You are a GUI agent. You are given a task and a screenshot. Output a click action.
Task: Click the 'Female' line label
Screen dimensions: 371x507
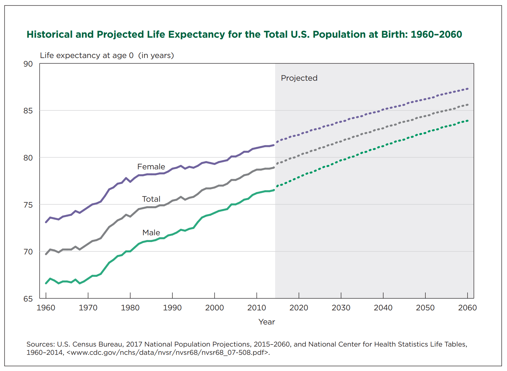(x=151, y=167)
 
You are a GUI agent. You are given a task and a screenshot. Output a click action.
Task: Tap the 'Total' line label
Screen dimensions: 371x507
(x=151, y=199)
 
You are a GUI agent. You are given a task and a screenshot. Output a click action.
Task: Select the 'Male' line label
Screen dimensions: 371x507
(x=151, y=233)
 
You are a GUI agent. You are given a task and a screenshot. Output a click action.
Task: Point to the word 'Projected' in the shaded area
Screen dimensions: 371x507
(x=299, y=78)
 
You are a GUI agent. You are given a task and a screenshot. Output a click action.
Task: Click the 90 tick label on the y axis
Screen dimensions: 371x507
(x=28, y=64)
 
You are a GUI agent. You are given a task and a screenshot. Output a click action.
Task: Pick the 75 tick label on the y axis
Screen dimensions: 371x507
(x=28, y=205)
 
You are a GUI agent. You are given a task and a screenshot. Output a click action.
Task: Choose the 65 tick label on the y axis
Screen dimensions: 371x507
(x=28, y=299)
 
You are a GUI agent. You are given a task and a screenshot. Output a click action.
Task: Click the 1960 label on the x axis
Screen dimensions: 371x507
(x=46, y=308)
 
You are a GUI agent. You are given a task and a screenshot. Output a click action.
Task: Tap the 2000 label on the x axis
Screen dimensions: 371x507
(x=214, y=308)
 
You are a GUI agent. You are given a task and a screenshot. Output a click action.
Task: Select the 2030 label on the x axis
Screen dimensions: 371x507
(x=341, y=308)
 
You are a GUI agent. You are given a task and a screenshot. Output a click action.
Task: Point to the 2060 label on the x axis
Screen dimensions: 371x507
(x=467, y=308)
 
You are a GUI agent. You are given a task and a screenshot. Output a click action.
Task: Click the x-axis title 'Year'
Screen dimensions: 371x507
(x=267, y=322)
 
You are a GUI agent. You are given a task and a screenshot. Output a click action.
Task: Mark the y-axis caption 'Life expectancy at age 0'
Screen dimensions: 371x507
(x=87, y=55)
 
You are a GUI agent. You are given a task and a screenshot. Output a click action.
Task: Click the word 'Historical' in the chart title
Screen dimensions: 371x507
(x=49, y=34)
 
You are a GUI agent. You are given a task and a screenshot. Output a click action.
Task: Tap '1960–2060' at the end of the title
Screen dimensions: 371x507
(x=436, y=34)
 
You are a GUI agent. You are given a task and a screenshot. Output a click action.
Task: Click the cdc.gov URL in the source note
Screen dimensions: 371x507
(x=168, y=352)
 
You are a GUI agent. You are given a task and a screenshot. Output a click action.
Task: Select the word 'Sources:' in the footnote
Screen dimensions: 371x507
(x=41, y=344)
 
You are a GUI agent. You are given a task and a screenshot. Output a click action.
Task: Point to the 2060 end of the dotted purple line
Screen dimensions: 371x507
(x=468, y=89)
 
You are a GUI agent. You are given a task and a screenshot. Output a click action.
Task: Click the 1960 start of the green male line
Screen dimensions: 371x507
(x=46, y=283)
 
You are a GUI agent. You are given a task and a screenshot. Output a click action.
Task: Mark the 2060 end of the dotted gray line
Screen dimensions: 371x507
(x=468, y=105)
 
